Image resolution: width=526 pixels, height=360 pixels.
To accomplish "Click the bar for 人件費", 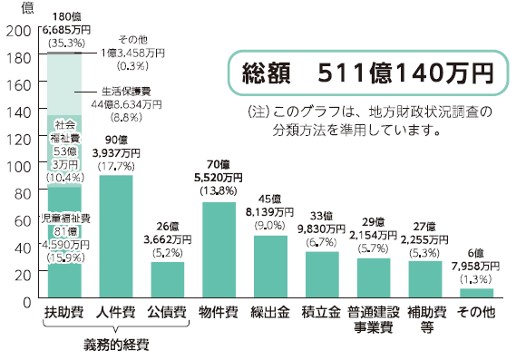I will coord(115,236).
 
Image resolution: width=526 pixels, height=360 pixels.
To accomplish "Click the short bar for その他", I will coord(477,293).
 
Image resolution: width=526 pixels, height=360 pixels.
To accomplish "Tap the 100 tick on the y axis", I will coord(17,166).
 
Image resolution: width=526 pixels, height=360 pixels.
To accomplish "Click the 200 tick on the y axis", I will coord(17,31).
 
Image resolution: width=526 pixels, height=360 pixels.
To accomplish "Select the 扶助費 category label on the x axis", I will coord(63,314).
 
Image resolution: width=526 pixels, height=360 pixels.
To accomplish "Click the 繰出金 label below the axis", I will coord(270,314).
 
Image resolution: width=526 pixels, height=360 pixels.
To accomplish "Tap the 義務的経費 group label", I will coord(115,345).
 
